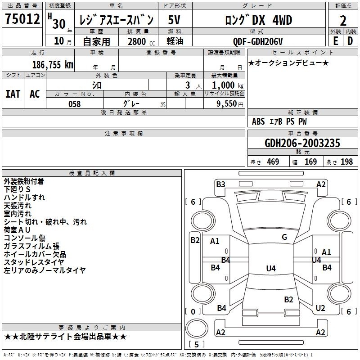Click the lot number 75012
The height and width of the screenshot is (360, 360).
(22, 18)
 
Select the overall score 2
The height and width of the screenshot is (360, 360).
(343, 21)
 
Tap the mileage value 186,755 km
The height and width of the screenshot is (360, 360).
(53, 65)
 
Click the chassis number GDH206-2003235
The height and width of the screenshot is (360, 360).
(302, 143)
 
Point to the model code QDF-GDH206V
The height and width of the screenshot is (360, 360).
(257, 41)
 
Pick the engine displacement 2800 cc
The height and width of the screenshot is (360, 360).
(141, 41)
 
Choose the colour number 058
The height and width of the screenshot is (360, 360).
(75, 104)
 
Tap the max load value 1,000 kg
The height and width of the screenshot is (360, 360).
(228, 85)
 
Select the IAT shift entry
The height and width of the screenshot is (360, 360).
(13, 94)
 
